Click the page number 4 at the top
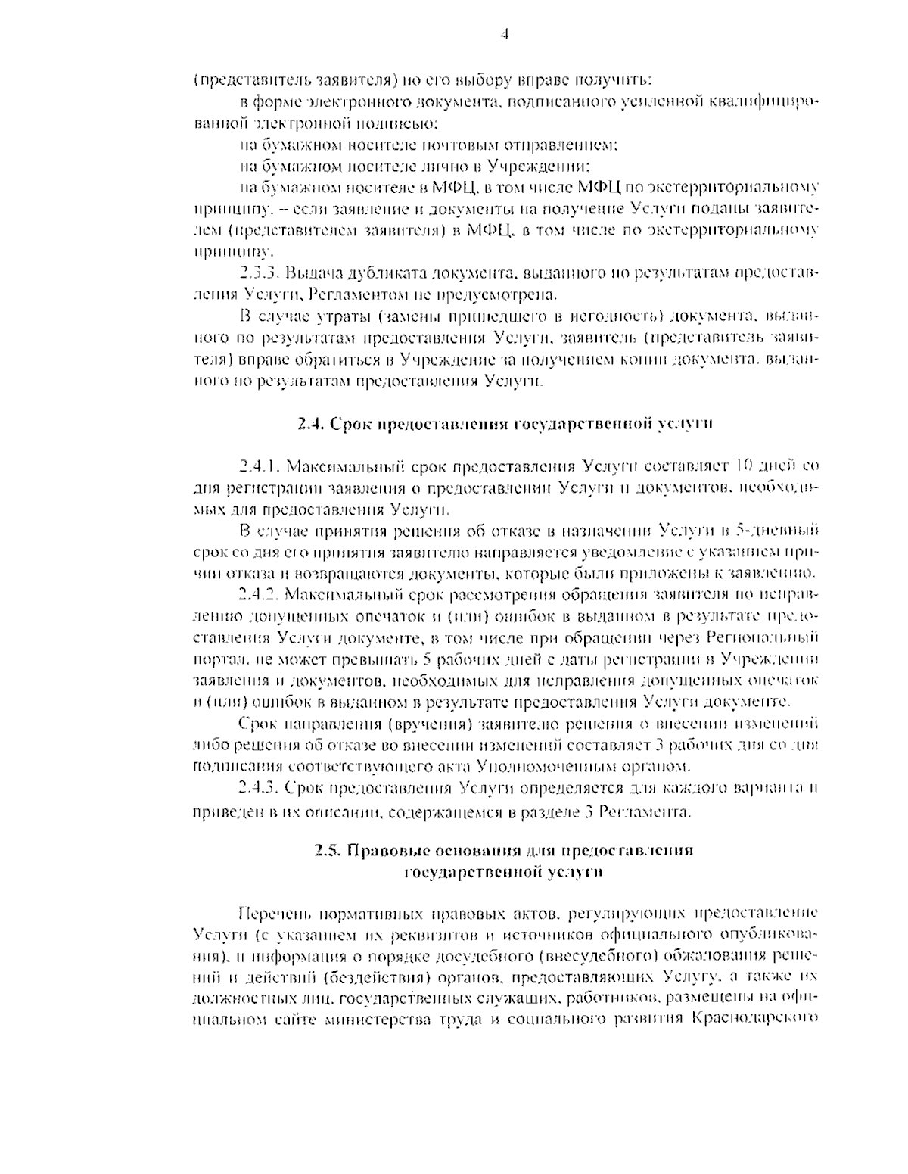pos(505,34)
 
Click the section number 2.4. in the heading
pos(310,424)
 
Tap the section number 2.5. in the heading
pos(328,851)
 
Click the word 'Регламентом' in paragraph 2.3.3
pos(359,293)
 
